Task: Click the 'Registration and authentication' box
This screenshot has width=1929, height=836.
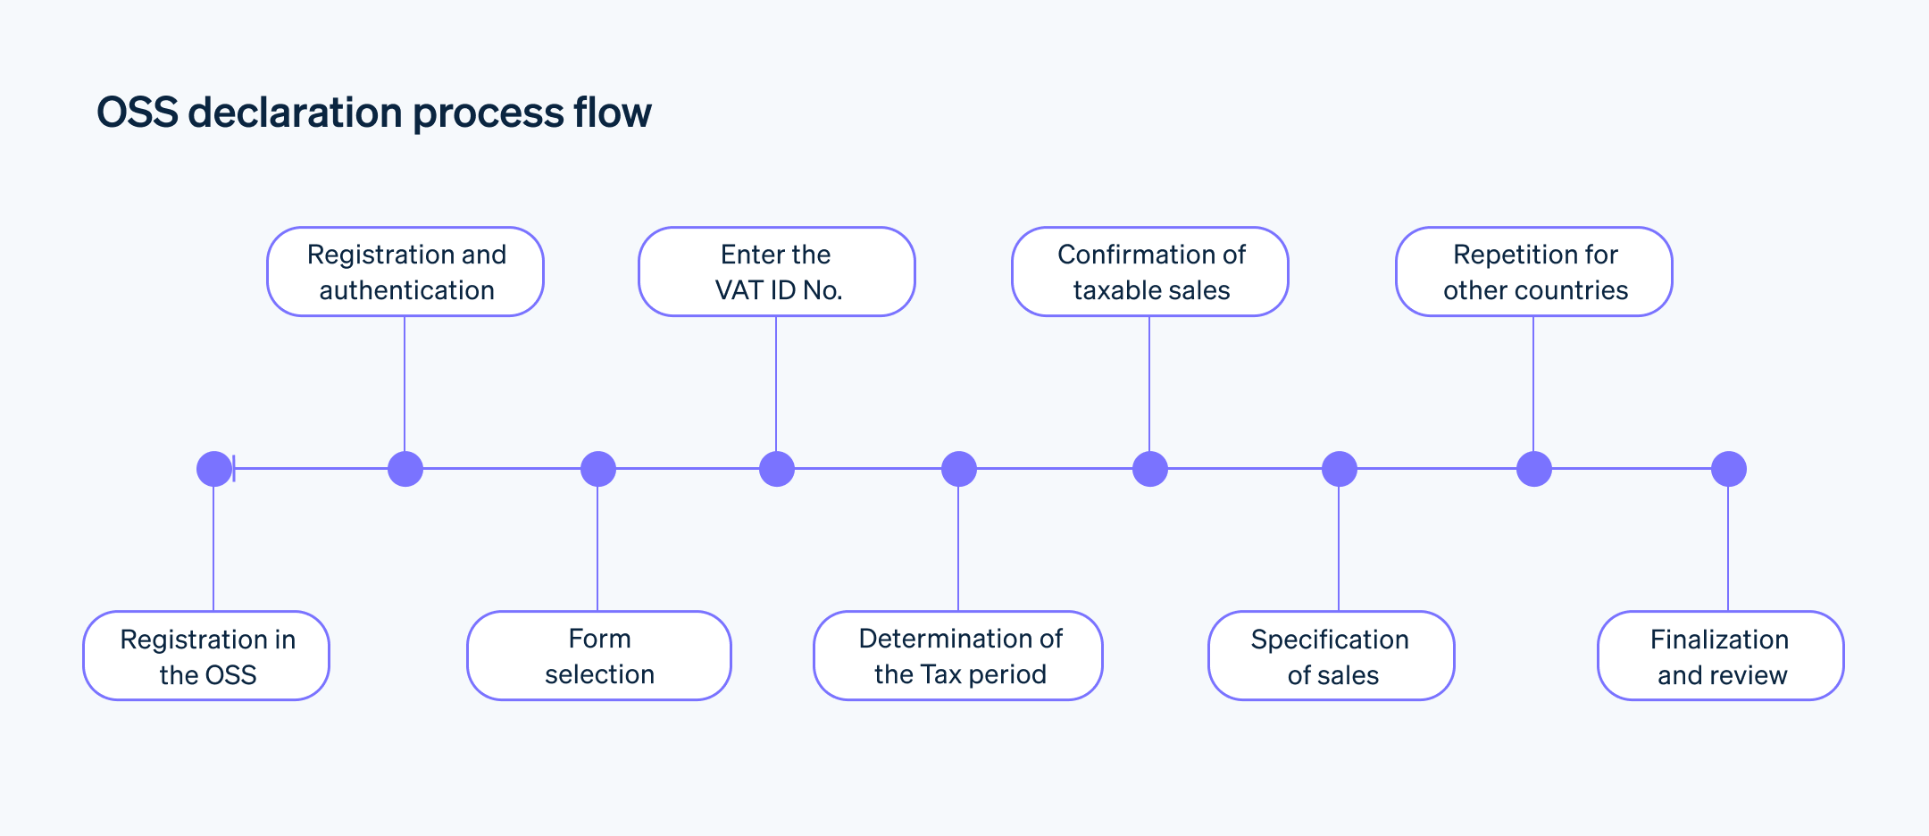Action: click(405, 272)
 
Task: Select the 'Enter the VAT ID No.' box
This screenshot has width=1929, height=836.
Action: click(777, 272)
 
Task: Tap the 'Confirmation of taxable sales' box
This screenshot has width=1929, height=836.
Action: click(1150, 272)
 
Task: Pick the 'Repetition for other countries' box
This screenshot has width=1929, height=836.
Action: click(1534, 272)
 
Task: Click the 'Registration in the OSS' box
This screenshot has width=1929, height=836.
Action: click(206, 656)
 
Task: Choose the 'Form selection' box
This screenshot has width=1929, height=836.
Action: click(599, 656)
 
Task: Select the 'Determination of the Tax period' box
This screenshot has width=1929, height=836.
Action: click(958, 656)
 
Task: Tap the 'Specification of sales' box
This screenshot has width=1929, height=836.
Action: click(1332, 656)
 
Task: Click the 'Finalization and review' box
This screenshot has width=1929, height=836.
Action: click(1721, 656)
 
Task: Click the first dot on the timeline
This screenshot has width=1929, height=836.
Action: click(214, 469)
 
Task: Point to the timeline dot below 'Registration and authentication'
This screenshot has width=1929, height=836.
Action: click(405, 469)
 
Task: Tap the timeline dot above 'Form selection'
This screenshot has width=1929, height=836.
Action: click(598, 469)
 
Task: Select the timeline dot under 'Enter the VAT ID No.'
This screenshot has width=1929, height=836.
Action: click(777, 469)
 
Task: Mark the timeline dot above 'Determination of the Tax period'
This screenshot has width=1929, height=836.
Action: click(959, 469)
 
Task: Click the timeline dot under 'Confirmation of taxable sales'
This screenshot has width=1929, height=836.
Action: click(1150, 469)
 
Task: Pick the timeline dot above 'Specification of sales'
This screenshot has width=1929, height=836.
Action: click(1340, 469)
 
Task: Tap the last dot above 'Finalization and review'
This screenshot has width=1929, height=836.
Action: click(1729, 469)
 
